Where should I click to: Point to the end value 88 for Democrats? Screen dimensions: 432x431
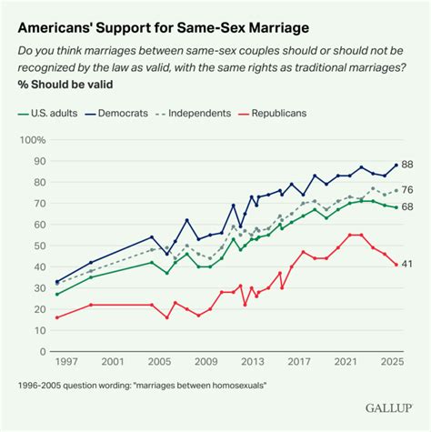click(408, 165)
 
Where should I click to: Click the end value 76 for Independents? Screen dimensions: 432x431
click(408, 189)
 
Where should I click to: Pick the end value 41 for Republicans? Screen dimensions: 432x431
click(408, 264)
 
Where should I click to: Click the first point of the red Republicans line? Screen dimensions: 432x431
click(56, 316)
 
